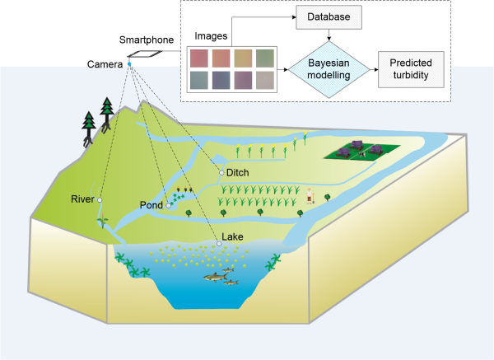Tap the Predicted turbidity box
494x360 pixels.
click(x=409, y=68)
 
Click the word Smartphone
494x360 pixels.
click(x=146, y=40)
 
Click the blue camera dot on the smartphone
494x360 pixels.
click(x=128, y=62)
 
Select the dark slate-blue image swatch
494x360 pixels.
click(x=221, y=80)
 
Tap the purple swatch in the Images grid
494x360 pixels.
click(x=244, y=80)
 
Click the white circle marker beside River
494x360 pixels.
click(x=100, y=200)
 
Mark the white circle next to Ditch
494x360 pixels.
click(x=220, y=172)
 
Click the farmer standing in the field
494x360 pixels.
click(x=310, y=196)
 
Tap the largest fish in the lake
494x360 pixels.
click(x=216, y=277)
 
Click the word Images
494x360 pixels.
click(x=212, y=36)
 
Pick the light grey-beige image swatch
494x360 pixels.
click(x=266, y=80)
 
